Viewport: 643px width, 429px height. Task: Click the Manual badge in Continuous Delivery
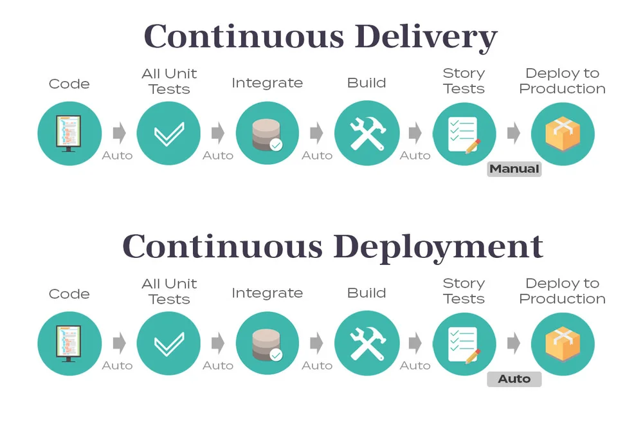[514, 169]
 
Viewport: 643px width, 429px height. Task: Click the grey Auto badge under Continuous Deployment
[514, 379]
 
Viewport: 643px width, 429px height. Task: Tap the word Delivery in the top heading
[426, 36]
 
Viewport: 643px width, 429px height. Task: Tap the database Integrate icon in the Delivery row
[267, 134]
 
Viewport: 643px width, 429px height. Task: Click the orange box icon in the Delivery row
[563, 134]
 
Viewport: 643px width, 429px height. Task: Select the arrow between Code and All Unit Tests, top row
[119, 134]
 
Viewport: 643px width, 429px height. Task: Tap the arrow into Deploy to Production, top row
[513, 134]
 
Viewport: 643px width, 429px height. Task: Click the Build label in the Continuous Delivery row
[367, 83]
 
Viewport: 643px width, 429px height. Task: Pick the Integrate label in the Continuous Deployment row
[267, 293]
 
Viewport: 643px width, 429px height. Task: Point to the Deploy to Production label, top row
[563, 81]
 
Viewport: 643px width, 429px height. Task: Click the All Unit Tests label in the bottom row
[169, 291]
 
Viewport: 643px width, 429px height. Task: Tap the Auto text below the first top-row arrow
[117, 156]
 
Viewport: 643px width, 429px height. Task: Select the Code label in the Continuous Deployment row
[69, 294]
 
